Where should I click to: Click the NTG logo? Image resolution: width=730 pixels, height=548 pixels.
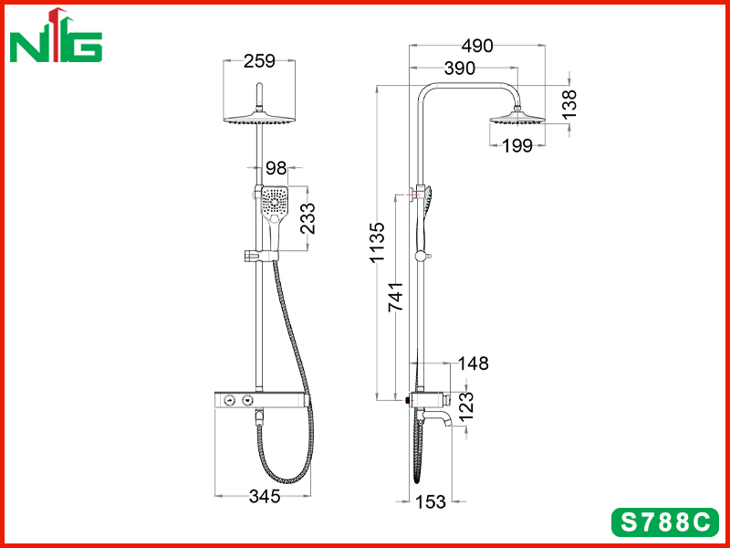(56, 36)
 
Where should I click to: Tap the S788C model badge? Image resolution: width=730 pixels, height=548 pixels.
(665, 522)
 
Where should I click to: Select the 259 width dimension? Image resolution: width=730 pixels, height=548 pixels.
(259, 61)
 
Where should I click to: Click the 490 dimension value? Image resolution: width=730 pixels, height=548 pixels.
(476, 46)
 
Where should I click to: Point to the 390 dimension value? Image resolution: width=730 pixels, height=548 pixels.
(460, 68)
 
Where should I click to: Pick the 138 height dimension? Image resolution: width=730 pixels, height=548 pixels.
(568, 104)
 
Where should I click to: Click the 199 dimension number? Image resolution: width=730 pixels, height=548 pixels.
(516, 146)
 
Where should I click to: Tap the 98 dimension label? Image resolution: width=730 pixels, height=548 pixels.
(276, 168)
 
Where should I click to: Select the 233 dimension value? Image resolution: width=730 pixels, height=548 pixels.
(308, 218)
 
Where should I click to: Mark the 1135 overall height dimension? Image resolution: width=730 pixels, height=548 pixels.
(377, 242)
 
